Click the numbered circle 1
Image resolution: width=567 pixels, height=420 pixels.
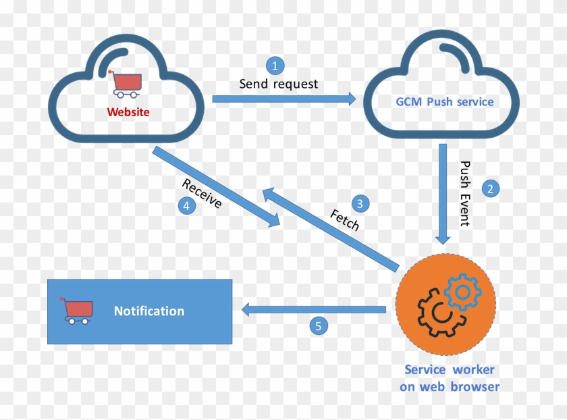pyautogui.click(x=275, y=65)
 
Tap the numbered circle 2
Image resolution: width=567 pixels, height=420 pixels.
pyautogui.click(x=491, y=188)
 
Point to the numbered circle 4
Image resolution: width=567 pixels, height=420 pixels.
pyautogui.click(x=187, y=207)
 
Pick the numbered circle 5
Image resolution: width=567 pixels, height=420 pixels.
pyautogui.click(x=319, y=326)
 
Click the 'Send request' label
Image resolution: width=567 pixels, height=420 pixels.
pyautogui.click(x=278, y=84)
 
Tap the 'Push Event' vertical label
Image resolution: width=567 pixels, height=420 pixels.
pyautogui.click(x=464, y=193)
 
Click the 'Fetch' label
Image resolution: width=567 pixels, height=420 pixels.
pyautogui.click(x=344, y=220)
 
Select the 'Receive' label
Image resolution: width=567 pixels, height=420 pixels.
pyautogui.click(x=201, y=194)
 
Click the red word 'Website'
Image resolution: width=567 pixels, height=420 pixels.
pyautogui.click(x=128, y=112)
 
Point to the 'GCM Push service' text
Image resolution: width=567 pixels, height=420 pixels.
pyautogui.click(x=444, y=102)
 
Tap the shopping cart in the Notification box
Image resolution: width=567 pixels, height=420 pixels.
pyautogui.click(x=76, y=311)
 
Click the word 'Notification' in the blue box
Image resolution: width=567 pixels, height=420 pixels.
pyautogui.click(x=148, y=311)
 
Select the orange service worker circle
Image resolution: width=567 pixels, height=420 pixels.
pyautogui.click(x=446, y=304)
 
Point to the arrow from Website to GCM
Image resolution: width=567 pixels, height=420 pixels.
pyautogui.click(x=283, y=99)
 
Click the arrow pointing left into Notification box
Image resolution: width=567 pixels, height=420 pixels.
pyautogui.click(x=314, y=310)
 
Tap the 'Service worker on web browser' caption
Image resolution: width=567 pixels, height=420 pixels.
pyautogui.click(x=449, y=378)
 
